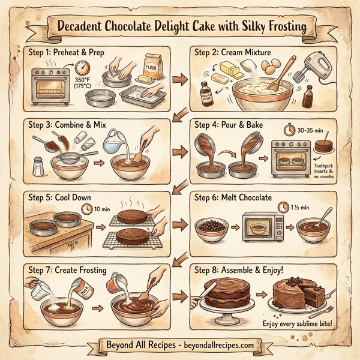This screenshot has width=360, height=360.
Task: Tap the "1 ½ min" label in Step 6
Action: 299,207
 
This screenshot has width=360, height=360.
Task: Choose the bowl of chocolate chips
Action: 211,229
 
